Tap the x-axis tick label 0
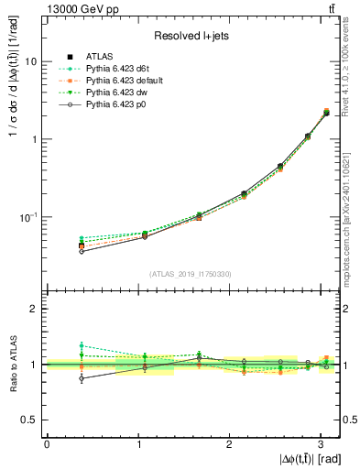(47, 444)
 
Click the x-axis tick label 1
(138, 444)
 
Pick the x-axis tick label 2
(230, 444)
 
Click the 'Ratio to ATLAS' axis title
(12, 365)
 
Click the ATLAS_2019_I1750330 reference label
(191, 274)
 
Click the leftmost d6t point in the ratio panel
(82, 345)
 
